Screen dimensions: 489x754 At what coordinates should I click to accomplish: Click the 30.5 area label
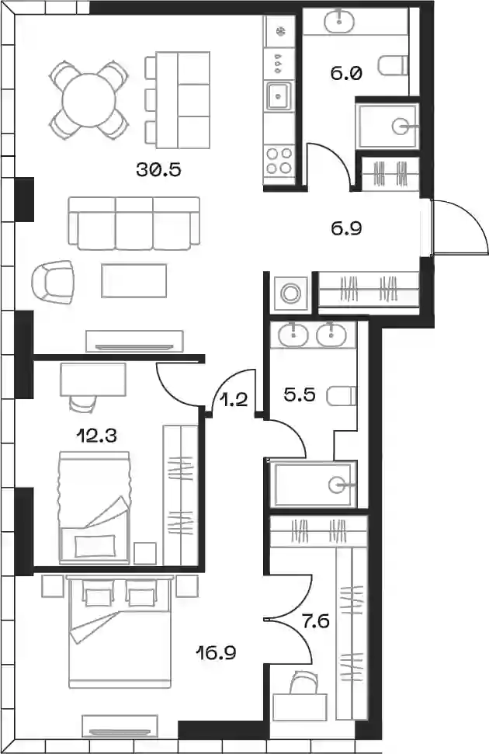(158, 169)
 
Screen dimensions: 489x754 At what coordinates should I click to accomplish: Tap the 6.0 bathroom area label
(345, 74)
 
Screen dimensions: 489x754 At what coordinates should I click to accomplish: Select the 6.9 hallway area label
(346, 228)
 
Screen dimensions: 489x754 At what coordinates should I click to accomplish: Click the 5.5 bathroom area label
(299, 394)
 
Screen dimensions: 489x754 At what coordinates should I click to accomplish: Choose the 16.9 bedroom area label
(216, 653)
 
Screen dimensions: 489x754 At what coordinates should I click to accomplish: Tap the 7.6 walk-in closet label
(315, 622)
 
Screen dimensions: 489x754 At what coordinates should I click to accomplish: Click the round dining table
(89, 100)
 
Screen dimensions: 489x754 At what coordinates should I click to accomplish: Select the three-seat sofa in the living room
(134, 223)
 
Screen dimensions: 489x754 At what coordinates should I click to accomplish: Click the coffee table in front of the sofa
(134, 280)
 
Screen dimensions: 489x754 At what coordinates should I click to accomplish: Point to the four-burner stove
(279, 161)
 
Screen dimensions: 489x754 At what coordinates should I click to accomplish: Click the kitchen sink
(279, 96)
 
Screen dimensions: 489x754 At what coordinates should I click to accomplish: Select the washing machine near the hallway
(290, 293)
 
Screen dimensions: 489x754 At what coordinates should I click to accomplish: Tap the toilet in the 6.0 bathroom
(393, 65)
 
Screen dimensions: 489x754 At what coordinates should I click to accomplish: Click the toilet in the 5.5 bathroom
(342, 396)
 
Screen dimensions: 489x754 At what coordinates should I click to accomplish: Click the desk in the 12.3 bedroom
(93, 380)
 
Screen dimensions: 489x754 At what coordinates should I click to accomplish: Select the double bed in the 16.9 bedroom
(120, 632)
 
